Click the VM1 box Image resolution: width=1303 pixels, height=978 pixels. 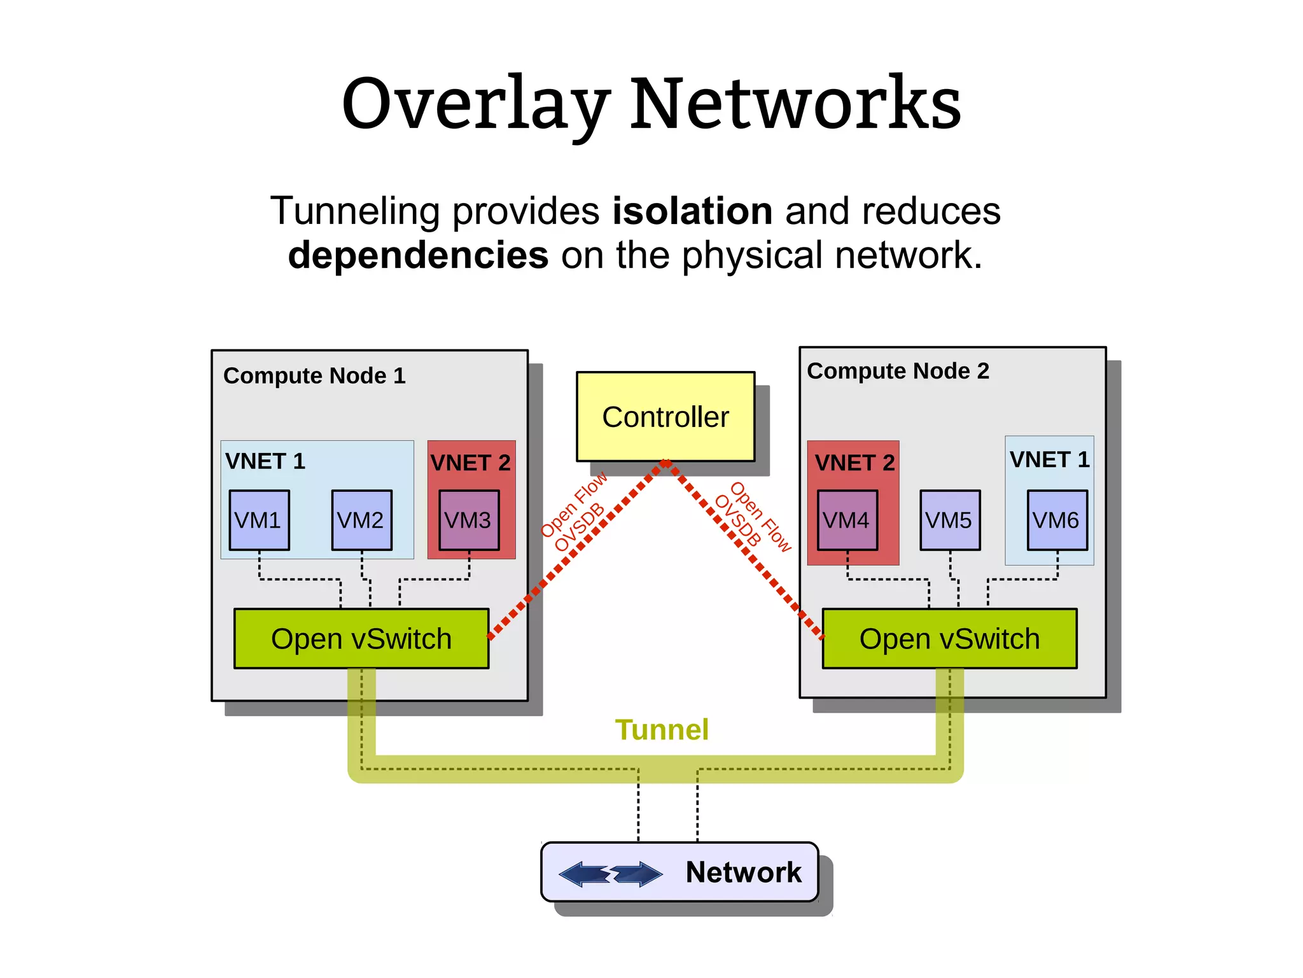259,520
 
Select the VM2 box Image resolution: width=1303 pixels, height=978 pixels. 361,520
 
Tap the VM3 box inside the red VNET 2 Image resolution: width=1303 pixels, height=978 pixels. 469,520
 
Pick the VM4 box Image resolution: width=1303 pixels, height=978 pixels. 847,520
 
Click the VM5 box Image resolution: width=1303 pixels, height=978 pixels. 949,520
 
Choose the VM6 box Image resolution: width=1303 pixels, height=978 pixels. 1057,520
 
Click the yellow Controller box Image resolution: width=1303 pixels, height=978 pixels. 665,417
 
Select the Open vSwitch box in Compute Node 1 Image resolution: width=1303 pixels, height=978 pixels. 361,638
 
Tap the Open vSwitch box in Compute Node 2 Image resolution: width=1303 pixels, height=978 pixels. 949,638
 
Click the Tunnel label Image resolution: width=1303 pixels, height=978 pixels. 662,729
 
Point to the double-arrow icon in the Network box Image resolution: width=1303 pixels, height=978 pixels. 610,873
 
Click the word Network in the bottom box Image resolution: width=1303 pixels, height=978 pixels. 743,872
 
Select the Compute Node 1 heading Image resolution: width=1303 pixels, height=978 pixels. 314,375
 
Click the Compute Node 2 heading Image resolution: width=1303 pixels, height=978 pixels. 898,370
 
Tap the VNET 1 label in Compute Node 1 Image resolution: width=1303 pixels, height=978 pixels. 265,461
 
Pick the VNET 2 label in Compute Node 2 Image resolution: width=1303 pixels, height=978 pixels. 854,463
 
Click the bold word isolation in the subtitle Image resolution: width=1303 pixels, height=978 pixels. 692,211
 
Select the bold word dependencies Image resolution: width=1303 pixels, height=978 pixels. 418,255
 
